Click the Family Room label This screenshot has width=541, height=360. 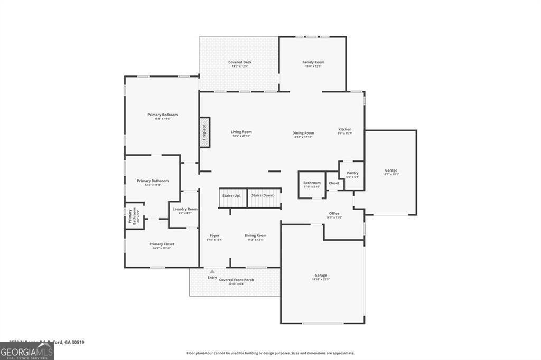click(313, 62)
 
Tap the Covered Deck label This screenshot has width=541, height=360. click(239, 62)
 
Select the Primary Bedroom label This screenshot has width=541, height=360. click(162, 115)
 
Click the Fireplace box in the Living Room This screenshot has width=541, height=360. click(204, 132)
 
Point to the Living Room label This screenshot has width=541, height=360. click(241, 132)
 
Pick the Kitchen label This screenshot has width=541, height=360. click(344, 129)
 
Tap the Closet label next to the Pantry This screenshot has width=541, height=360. click(334, 183)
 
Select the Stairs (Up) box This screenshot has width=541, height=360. click(231, 196)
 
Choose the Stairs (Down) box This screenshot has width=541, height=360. click(263, 196)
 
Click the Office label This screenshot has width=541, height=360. click(334, 213)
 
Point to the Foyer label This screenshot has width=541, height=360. click(214, 235)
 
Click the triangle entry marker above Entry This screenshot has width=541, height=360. click(212, 271)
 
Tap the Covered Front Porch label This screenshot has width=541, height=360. click(236, 280)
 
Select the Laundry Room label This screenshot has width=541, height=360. click(185, 209)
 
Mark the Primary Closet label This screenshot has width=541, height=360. click(162, 244)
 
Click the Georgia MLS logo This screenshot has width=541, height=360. click(26, 351)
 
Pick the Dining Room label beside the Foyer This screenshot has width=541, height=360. click(255, 235)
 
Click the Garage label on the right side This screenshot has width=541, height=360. click(390, 170)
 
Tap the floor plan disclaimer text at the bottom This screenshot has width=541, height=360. click(270, 353)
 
